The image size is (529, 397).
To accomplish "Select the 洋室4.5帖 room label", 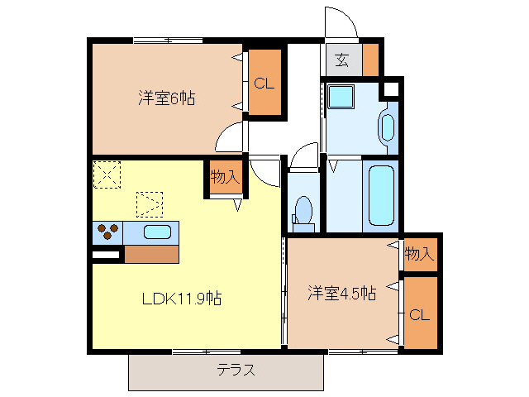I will [x=342, y=293].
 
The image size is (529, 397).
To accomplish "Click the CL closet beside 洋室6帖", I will [x=264, y=84].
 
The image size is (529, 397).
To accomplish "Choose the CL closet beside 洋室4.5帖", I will [x=420, y=314].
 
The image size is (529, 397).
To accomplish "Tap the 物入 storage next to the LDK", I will [x=224, y=177].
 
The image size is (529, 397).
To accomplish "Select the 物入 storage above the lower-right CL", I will [x=420, y=254].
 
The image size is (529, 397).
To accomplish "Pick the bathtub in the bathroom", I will [x=381, y=195].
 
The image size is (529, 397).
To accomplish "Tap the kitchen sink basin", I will [x=157, y=232].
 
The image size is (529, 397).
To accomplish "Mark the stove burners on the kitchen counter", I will [x=107, y=232].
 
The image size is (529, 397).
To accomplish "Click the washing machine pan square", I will [x=341, y=97].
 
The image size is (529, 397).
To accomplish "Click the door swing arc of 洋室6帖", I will [x=231, y=136].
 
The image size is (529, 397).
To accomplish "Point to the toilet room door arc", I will [x=303, y=155].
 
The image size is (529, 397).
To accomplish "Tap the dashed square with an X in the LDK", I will [x=107, y=175].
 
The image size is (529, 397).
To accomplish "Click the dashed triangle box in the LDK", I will [x=150, y=203].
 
